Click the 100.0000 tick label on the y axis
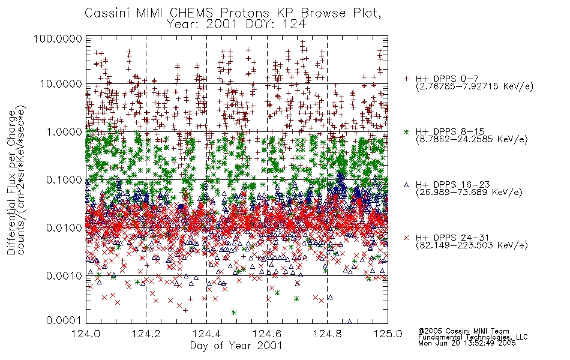[58, 38]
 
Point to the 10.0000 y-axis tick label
[61, 84]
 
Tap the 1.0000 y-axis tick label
[64, 131]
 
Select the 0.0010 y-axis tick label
[64, 275]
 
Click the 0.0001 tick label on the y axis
[64, 320]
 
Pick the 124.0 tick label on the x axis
[86, 334]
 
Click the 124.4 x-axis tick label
[206, 334]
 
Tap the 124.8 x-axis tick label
[327, 334]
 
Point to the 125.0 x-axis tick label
[388, 334]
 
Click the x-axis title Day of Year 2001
[236, 346]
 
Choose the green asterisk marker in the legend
[406, 131]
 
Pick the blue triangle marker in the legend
[406, 185]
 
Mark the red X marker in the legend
[406, 238]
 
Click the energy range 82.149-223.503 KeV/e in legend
[472, 245]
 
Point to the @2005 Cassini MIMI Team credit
[463, 331]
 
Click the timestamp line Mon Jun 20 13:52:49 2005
[467, 343]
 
